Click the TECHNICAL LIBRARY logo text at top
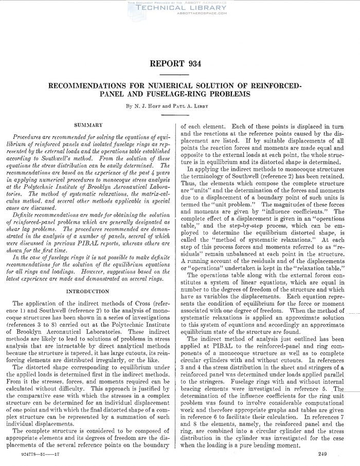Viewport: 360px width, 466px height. tap(180, 8)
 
